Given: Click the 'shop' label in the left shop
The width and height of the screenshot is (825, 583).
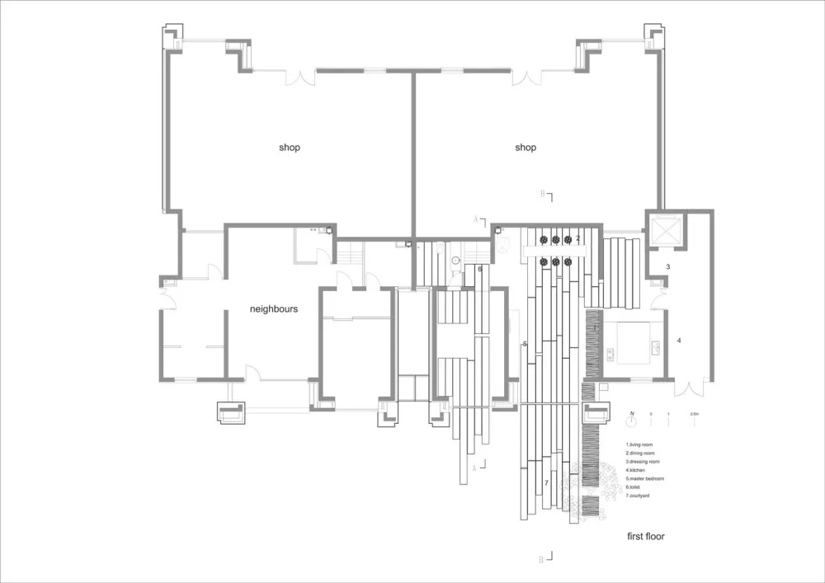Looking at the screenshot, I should coord(289,148).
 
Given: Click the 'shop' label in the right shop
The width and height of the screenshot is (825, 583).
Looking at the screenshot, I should coord(526,148).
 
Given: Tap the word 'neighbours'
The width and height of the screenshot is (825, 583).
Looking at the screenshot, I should coord(273,310).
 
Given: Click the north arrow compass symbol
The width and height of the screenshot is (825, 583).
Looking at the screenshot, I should coord(632,420).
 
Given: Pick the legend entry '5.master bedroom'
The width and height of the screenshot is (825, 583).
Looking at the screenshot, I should coord(645,478).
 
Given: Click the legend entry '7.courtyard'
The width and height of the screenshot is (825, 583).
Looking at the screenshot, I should coord(639,495).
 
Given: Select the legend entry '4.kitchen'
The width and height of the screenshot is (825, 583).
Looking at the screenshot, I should coord(636,470).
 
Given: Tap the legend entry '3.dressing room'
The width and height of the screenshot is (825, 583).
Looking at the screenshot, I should coord(643,462).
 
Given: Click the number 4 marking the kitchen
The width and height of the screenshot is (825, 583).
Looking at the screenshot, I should coord(680,340).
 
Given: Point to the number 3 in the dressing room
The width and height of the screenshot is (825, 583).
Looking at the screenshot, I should coord(667,267).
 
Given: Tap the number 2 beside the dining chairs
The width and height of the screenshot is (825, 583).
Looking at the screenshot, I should coord(578,239).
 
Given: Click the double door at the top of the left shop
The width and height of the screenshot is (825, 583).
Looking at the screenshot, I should coord(300,78).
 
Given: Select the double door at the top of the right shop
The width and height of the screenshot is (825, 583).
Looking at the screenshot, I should coord(526,78).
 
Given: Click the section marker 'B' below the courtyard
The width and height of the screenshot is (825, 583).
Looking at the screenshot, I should coord(541,560).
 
